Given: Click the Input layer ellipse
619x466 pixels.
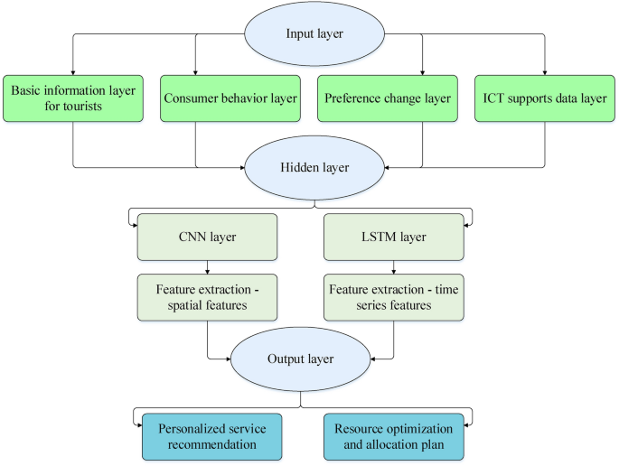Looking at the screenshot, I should coord(309,33).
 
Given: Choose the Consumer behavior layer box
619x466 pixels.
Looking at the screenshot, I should coord(230,98).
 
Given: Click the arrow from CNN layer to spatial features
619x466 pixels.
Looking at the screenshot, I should coord(208,267).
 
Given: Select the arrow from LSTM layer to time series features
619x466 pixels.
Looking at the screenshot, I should coord(392,267).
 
